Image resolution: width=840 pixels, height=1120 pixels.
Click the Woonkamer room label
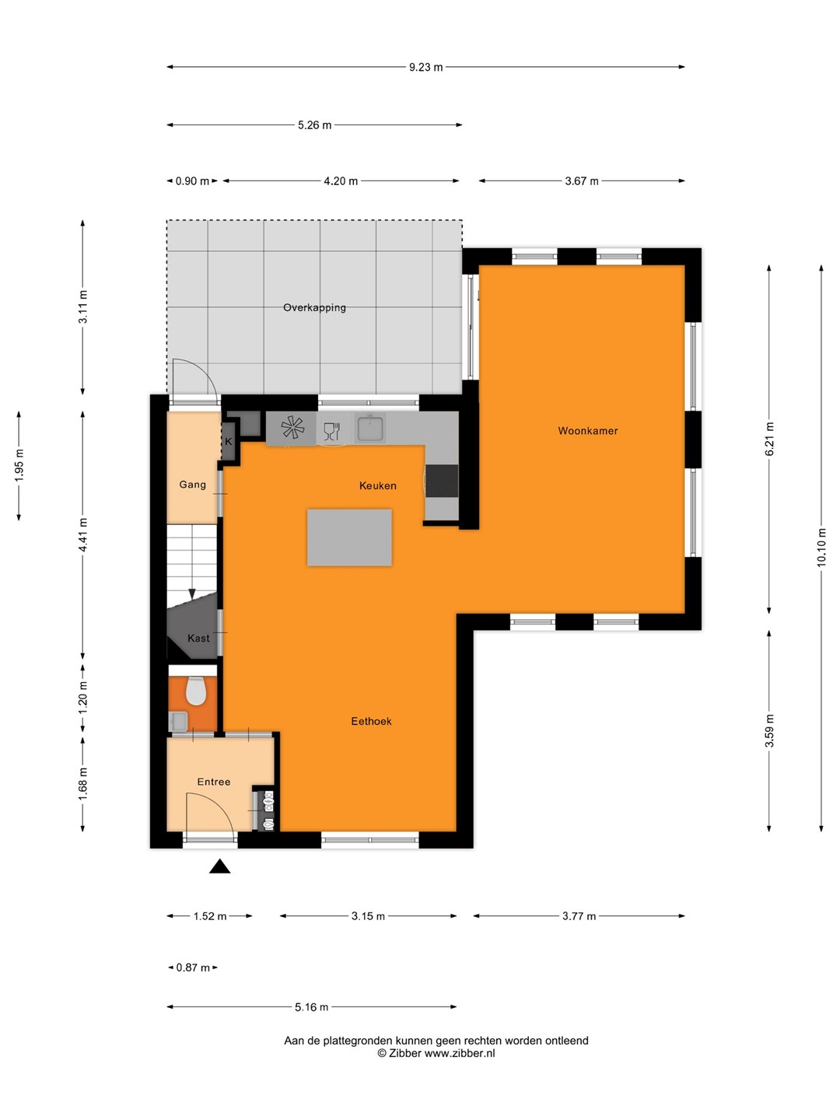click(587, 431)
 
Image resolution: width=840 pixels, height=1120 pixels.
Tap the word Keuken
click(377, 486)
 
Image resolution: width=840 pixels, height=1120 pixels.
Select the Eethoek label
click(371, 721)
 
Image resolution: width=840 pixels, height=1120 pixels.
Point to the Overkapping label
click(314, 308)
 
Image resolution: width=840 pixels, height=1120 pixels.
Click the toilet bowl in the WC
click(195, 691)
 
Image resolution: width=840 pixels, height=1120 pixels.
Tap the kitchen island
click(349, 537)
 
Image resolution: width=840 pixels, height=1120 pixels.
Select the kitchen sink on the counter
click(369, 428)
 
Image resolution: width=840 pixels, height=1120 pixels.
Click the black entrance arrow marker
click(220, 866)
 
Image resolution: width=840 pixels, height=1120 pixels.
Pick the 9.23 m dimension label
click(426, 67)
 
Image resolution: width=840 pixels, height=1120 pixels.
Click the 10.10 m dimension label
click(821, 547)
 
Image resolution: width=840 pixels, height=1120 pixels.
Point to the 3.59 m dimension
click(769, 730)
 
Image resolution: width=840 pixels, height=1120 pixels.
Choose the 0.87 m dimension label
click(193, 968)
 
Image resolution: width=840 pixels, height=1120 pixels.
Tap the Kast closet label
click(198, 638)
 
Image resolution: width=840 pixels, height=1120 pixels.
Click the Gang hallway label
click(192, 485)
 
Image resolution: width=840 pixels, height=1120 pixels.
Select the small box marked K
click(229, 442)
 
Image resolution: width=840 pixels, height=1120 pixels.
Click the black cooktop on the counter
click(442, 481)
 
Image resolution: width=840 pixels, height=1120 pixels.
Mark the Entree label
click(214, 782)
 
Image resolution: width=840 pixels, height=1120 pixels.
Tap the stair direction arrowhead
click(192, 594)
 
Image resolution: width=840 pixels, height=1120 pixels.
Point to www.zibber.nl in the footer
click(460, 1053)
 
